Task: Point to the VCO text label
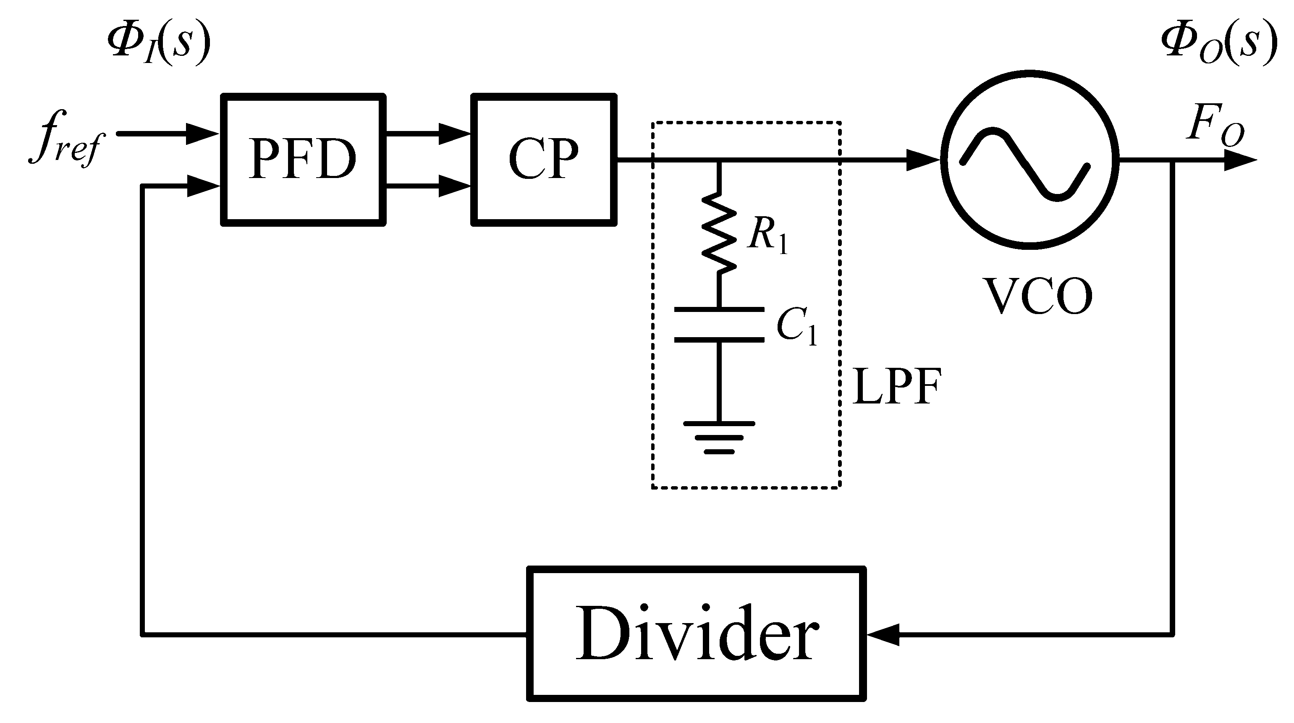click(1038, 296)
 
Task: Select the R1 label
click(767, 236)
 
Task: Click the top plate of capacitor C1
click(719, 309)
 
